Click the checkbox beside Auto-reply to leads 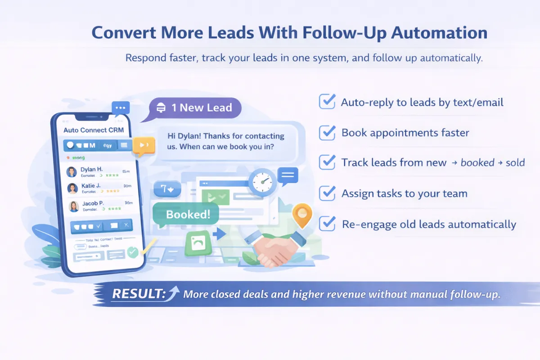327,102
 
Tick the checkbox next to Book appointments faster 327,132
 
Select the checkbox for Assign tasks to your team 327,193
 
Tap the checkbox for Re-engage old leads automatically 327,224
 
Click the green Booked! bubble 188,215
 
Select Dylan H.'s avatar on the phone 72,171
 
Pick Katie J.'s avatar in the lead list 72,188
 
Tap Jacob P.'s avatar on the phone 73,206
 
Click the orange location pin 302,215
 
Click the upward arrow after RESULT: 173,293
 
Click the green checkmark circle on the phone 133,252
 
